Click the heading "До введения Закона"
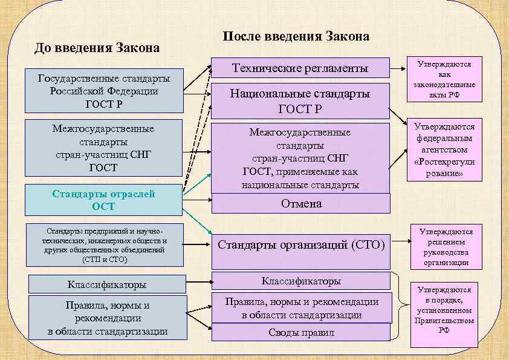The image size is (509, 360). click(x=97, y=48)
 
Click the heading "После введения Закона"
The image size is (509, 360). click(x=296, y=36)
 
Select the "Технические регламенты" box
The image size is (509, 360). click(x=300, y=68)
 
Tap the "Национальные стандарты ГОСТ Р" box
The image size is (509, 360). click(x=300, y=101)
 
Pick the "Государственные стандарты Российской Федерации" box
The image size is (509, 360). click(x=103, y=91)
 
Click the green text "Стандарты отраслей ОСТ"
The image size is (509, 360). click(x=103, y=200)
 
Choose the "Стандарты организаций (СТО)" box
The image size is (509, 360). click(x=300, y=246)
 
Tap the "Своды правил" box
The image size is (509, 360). click(x=300, y=333)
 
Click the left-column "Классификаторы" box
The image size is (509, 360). click(x=106, y=284)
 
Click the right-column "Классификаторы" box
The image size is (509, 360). click(x=300, y=281)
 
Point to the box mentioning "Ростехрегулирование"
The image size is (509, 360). click(x=444, y=149)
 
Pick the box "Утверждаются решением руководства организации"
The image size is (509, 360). click(x=444, y=247)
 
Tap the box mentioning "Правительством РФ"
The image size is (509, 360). click(x=444, y=310)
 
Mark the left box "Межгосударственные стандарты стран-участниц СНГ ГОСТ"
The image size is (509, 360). click(x=103, y=148)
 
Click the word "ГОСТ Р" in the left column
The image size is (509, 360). click(x=103, y=104)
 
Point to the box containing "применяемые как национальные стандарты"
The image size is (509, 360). click(x=300, y=158)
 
